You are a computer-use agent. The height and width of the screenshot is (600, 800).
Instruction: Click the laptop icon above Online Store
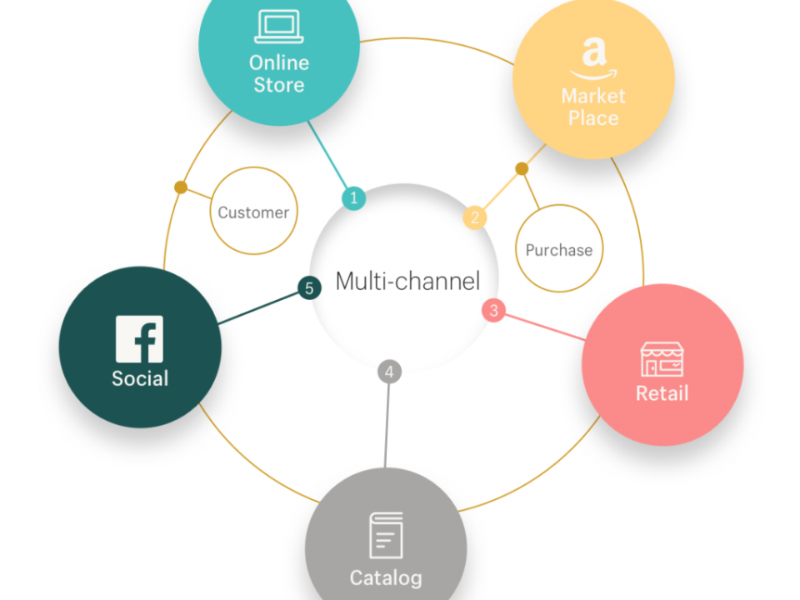coord(279,27)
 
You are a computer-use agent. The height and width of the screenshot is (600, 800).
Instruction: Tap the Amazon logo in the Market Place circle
coord(594,58)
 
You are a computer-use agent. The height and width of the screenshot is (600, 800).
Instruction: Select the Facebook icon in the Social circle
coord(139,339)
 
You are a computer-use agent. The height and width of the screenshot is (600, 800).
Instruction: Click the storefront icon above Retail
coord(662,359)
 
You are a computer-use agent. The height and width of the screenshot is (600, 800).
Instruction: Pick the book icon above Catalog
coord(386,535)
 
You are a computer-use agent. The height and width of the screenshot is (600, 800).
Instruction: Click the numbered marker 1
coord(353,198)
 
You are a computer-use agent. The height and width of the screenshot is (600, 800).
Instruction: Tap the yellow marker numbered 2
coord(475,217)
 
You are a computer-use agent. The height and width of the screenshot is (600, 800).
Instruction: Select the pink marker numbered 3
coord(493,310)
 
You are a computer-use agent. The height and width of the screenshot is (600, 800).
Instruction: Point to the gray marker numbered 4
coord(389,372)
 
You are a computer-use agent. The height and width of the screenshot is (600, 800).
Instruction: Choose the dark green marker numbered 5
coord(309,287)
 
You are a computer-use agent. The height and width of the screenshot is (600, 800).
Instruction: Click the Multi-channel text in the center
coord(407,281)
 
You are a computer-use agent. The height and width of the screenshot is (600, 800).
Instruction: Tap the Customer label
coord(253,212)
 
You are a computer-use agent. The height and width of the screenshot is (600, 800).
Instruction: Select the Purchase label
coord(559,250)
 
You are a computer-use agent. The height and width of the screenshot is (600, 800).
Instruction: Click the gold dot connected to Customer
coord(181,187)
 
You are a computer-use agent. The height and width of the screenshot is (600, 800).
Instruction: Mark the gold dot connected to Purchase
coord(522,168)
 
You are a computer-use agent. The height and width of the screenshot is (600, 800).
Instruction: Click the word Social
coord(140,378)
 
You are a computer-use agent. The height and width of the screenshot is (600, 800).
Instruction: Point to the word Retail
coord(662,393)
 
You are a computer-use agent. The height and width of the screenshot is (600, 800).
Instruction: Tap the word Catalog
coord(386,578)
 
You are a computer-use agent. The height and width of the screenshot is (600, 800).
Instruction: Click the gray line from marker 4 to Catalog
coord(387,426)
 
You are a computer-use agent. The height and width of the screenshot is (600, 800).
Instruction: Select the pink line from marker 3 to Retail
coord(545,327)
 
